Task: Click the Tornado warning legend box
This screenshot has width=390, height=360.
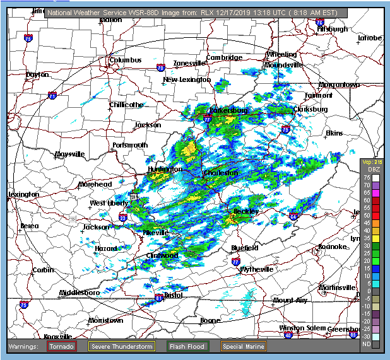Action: [61, 346]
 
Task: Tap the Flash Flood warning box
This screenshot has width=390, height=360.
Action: [187, 346]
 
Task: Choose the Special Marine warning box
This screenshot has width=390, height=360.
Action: [243, 346]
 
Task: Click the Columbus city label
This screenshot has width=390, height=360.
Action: [125, 61]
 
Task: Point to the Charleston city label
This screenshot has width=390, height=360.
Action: [220, 173]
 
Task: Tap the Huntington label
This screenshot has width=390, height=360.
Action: [165, 170]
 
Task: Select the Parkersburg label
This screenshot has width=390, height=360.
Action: [229, 111]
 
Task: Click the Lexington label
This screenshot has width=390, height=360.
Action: [24, 194]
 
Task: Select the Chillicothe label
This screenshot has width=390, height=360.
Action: [126, 105]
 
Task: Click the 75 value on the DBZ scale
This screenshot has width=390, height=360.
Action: [366, 178]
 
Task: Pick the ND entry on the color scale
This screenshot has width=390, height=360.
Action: [366, 344]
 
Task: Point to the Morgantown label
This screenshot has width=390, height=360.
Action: [338, 84]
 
